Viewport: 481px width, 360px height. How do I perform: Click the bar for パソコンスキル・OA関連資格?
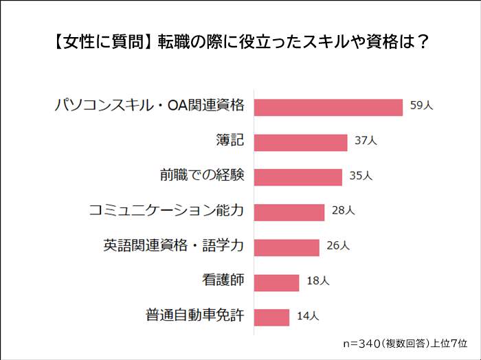(328, 107)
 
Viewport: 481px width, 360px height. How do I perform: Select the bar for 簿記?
(301, 142)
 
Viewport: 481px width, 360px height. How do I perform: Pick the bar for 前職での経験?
(298, 177)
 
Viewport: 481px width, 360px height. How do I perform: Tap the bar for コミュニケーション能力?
(289, 212)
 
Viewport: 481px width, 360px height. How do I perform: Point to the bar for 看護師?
(277, 282)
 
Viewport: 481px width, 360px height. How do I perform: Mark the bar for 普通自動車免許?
(272, 317)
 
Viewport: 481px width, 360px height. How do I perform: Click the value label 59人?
(422, 107)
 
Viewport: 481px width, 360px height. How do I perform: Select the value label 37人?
(366, 141)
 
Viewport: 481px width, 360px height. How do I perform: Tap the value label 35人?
(361, 177)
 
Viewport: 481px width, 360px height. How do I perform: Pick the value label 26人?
(338, 245)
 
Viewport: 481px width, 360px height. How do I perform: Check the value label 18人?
(318, 281)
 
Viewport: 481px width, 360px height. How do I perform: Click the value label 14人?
(308, 316)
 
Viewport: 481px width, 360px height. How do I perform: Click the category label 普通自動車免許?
(195, 316)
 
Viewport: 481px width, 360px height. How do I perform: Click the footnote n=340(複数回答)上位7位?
(405, 343)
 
